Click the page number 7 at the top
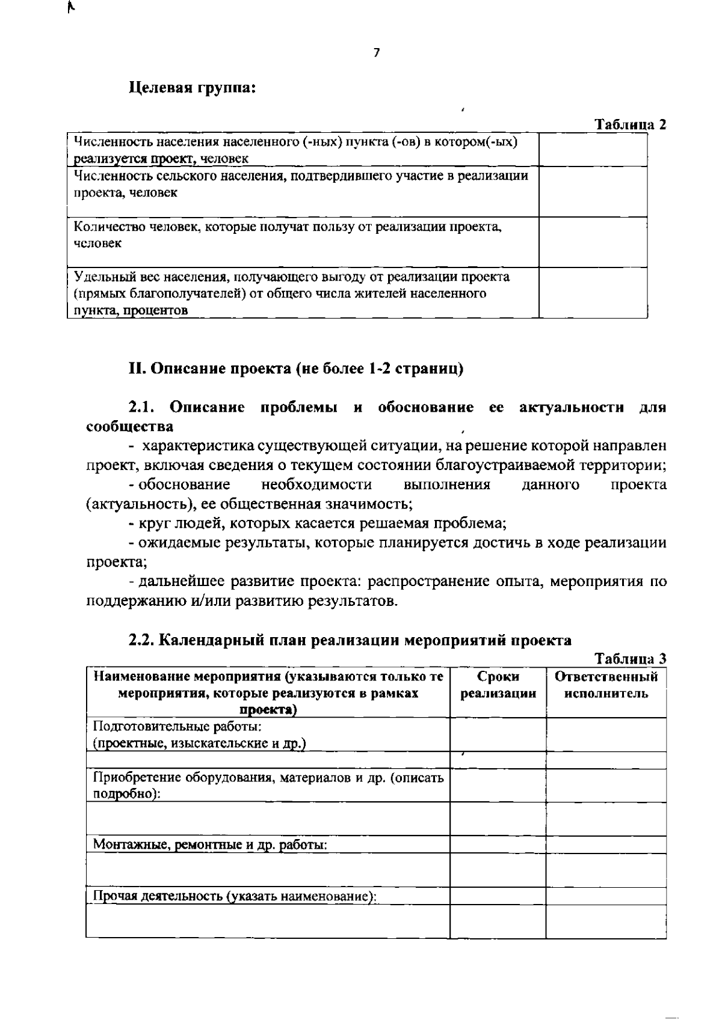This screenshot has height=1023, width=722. click(x=377, y=53)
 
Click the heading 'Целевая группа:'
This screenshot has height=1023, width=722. click(x=193, y=88)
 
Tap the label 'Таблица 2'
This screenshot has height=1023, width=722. click(x=630, y=125)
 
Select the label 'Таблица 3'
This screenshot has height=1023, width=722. click(x=630, y=659)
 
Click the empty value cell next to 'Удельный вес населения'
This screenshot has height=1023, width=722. click(x=593, y=293)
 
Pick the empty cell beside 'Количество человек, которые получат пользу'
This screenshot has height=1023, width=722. click(x=593, y=242)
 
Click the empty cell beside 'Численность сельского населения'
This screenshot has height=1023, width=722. click(x=593, y=192)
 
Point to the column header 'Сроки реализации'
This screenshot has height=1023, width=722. click(x=498, y=685)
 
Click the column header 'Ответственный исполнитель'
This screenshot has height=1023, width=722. click(x=606, y=685)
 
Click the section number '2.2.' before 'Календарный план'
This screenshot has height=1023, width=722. click(x=142, y=640)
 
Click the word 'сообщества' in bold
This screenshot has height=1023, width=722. click(x=130, y=427)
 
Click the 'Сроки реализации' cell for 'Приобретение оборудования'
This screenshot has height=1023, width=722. click(x=498, y=786)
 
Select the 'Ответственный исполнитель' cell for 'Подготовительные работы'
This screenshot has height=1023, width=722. click(x=606, y=734)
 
